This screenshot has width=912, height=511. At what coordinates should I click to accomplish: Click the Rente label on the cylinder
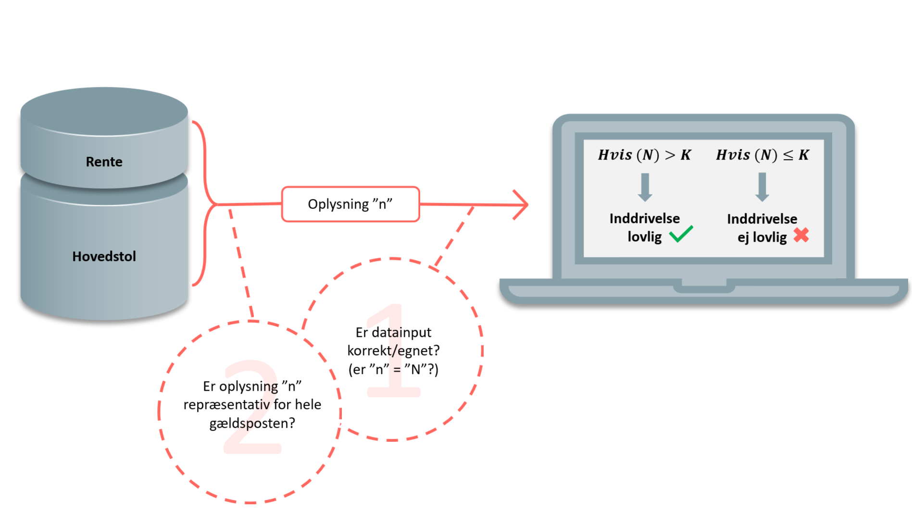pyautogui.click(x=104, y=162)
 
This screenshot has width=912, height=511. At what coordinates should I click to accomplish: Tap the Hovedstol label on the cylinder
pyautogui.click(x=104, y=256)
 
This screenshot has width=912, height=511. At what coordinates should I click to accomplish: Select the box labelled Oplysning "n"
pyautogui.click(x=350, y=204)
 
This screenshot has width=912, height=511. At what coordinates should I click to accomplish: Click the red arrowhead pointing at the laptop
pyautogui.click(x=522, y=205)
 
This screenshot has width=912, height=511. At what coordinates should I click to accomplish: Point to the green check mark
pyautogui.click(x=681, y=234)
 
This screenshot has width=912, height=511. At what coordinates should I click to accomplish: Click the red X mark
pyautogui.click(x=801, y=235)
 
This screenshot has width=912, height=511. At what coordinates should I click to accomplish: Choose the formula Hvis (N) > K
pyautogui.click(x=644, y=155)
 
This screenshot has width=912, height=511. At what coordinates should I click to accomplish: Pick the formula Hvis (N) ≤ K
pyautogui.click(x=762, y=155)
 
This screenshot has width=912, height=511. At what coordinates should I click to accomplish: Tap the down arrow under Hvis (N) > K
pyautogui.click(x=645, y=187)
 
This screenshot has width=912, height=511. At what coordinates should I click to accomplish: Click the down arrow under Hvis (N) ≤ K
pyautogui.click(x=762, y=187)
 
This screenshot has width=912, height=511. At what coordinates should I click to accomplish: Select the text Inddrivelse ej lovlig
pyautogui.click(x=762, y=228)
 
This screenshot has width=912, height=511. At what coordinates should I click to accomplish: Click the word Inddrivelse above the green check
pyautogui.click(x=644, y=219)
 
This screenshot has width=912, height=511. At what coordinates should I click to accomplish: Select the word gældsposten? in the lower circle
pyautogui.click(x=252, y=424)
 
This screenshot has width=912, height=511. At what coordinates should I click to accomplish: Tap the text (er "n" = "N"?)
pyautogui.click(x=393, y=369)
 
